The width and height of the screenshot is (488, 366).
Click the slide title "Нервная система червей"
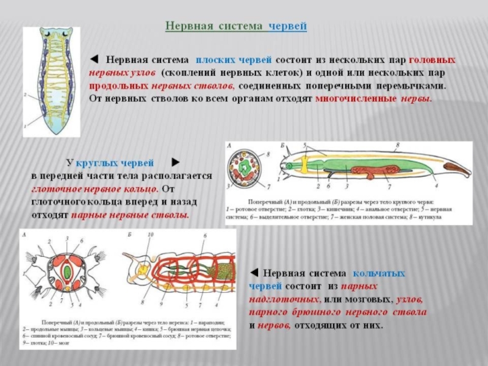tap(236, 27)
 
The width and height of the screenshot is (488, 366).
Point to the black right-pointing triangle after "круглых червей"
tap(175, 163)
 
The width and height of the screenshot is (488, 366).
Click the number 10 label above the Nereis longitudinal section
tap(151, 235)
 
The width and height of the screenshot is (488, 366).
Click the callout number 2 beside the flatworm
tap(25, 96)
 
